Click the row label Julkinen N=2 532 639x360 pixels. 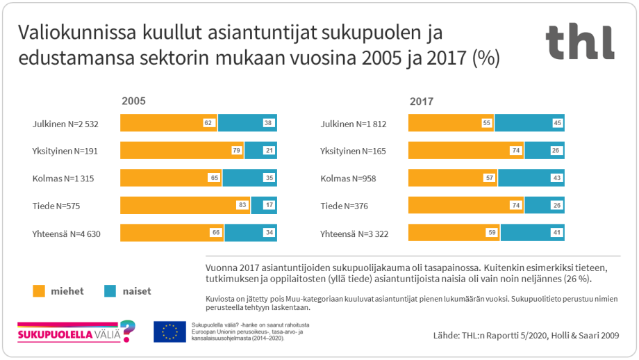tap(65, 124)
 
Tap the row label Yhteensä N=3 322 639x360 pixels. tap(354, 234)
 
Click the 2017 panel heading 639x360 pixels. tap(421, 101)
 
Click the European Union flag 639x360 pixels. tap(169, 332)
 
